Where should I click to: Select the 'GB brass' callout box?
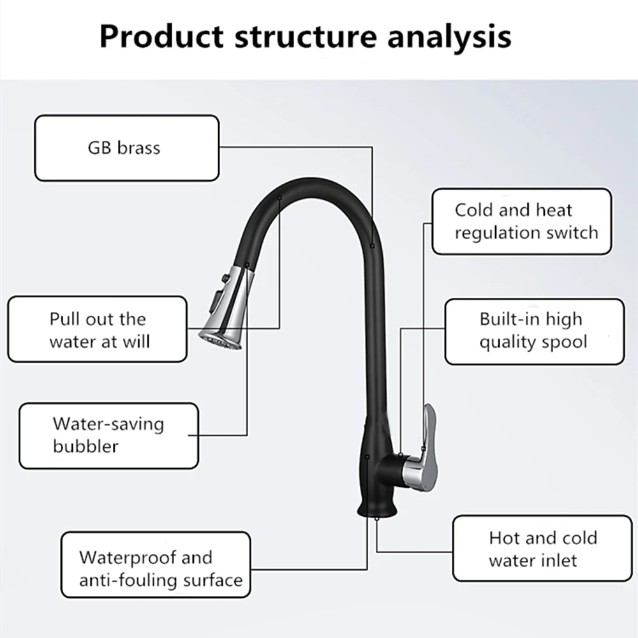(x=126, y=148)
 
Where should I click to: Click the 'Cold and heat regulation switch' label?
(x=521, y=221)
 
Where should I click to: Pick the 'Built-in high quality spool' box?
(x=533, y=331)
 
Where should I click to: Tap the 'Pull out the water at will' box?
(x=98, y=330)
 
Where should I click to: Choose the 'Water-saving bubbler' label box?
(x=108, y=434)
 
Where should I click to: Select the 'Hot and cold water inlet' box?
(x=542, y=549)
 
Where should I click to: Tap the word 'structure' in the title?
(x=302, y=37)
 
